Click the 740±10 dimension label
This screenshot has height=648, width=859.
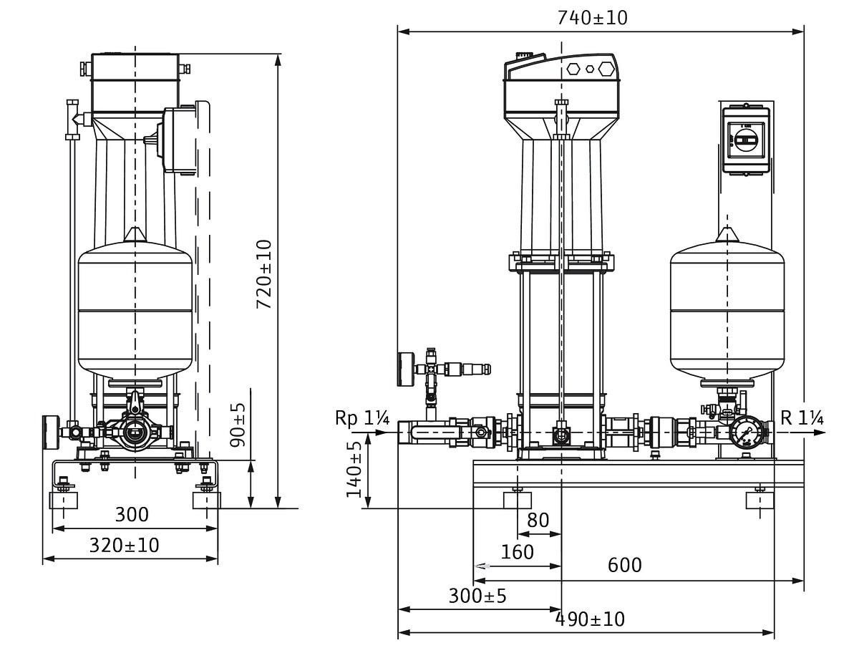click(x=592, y=18)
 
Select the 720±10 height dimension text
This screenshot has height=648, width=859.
click(x=265, y=274)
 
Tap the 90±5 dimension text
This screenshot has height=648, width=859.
click(x=238, y=425)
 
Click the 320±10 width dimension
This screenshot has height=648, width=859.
click(x=125, y=545)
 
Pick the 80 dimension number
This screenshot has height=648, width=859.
click(x=538, y=520)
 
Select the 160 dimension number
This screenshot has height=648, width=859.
click(x=517, y=552)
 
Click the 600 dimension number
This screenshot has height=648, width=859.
click(x=625, y=565)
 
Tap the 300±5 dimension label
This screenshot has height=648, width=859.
click(x=477, y=595)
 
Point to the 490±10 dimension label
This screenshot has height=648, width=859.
click(x=591, y=619)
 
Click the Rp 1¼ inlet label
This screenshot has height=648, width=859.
click(x=361, y=419)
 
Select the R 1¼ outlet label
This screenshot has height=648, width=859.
click(x=800, y=418)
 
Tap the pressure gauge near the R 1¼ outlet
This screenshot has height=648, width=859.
click(x=745, y=432)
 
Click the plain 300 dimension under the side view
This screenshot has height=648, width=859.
click(x=132, y=514)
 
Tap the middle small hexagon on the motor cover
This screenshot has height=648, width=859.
click(x=590, y=69)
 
